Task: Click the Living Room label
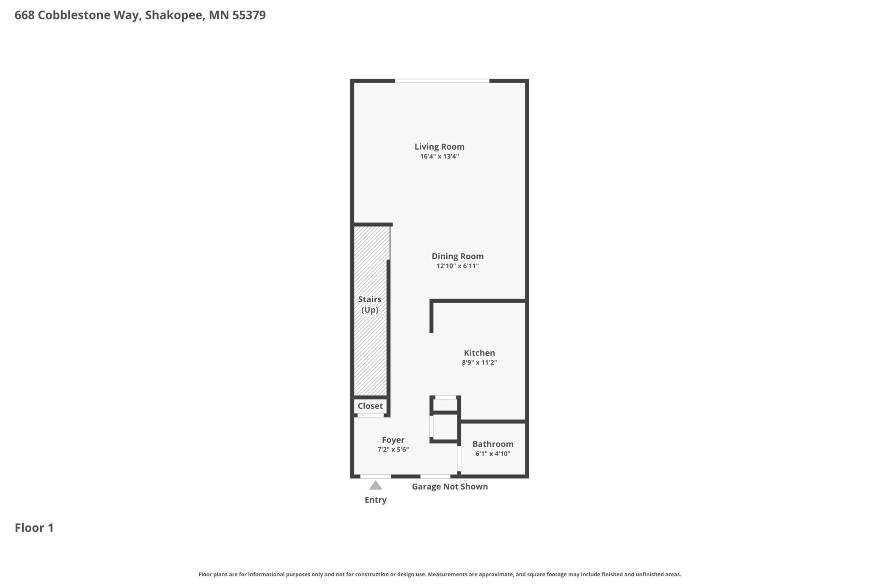tap(439, 147)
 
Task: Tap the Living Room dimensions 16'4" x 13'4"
tap(439, 156)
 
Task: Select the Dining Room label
tap(457, 256)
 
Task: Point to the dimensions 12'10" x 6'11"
tap(457, 266)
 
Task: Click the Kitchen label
tap(479, 353)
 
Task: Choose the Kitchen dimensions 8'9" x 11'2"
tap(479, 362)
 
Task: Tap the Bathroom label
tap(493, 444)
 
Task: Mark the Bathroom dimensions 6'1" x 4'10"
tap(493, 454)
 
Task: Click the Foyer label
tap(393, 440)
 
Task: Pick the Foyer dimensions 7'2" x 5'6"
tap(393, 449)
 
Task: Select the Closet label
tap(370, 406)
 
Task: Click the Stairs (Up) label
tap(370, 304)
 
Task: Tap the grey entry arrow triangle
tap(376, 485)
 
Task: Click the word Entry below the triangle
tap(376, 500)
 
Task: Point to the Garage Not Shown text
tap(450, 487)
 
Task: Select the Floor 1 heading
tap(34, 528)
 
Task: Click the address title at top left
tap(140, 15)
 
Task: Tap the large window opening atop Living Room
tap(442, 81)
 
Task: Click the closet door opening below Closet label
tap(371, 416)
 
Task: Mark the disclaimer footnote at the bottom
tap(440, 575)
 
